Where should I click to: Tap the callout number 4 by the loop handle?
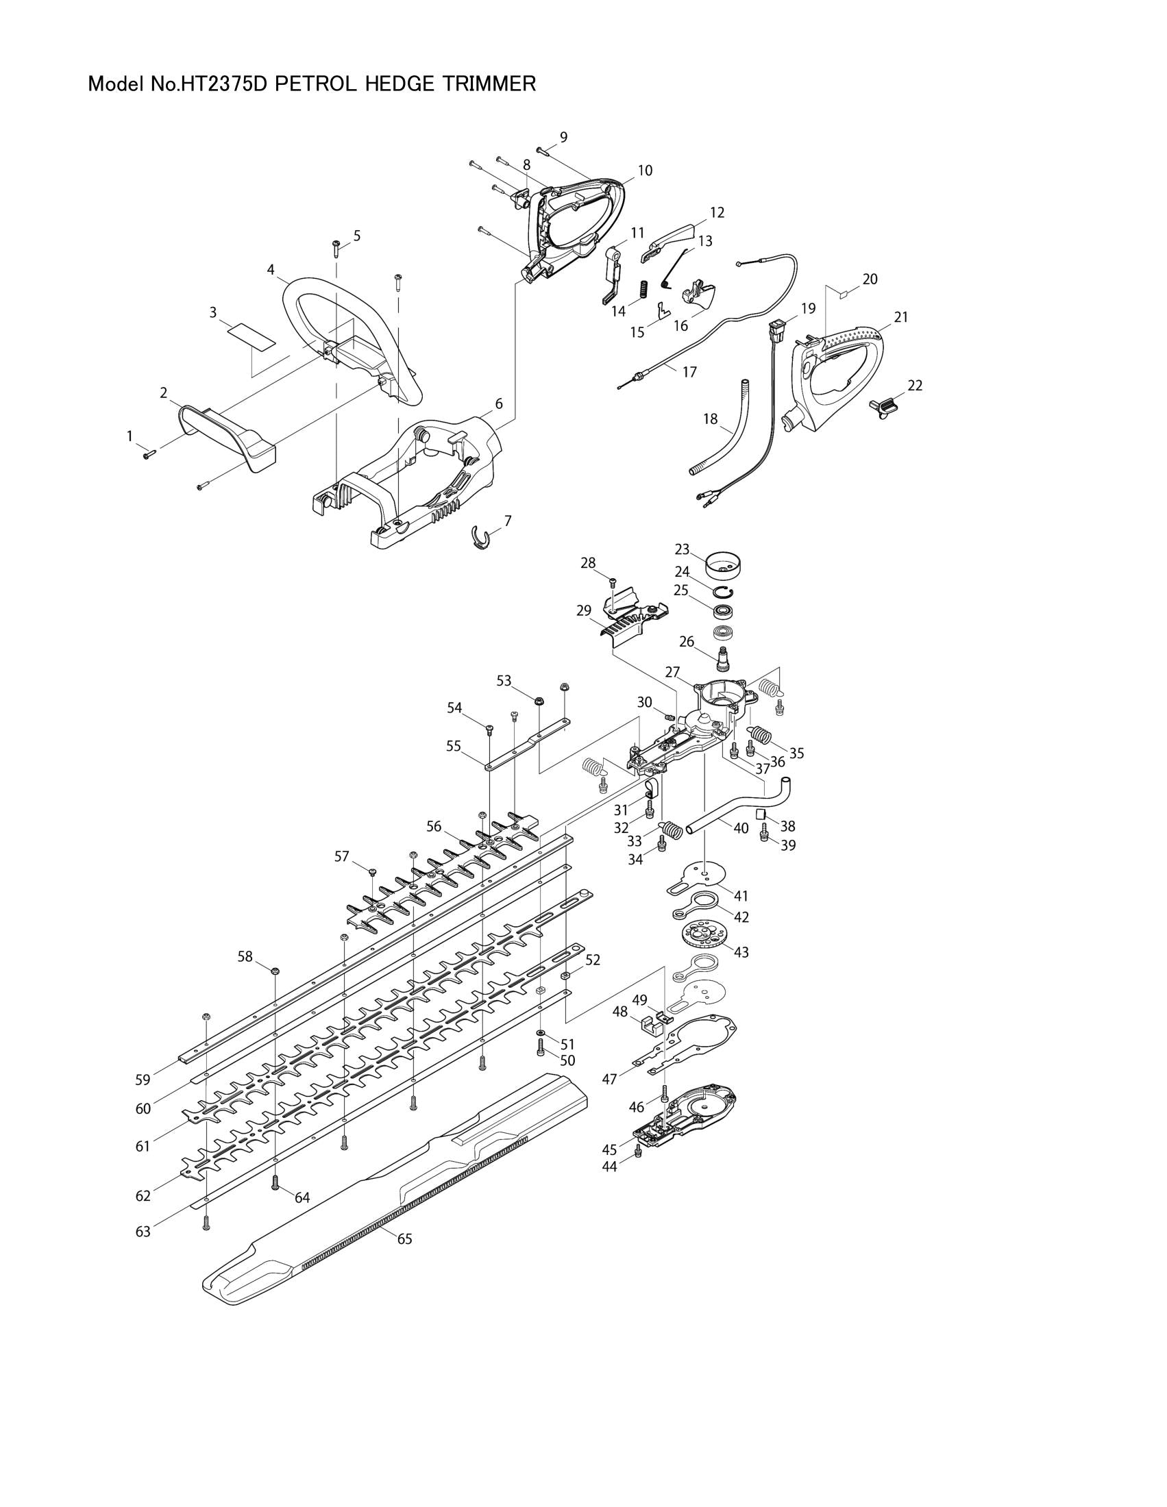(271, 269)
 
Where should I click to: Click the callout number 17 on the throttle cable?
(689, 372)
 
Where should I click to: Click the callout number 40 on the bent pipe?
(741, 827)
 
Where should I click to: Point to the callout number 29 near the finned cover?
(584, 610)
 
